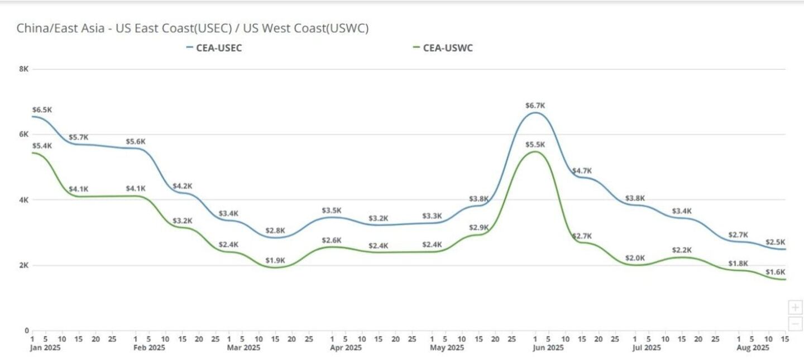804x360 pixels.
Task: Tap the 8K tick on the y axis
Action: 24,69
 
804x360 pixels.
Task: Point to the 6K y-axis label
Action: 24,134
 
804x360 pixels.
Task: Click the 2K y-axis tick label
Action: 24,265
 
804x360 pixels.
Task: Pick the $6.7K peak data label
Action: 535,105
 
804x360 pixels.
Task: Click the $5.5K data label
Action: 535,145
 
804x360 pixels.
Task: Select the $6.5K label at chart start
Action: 42,110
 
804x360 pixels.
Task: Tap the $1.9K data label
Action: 275,260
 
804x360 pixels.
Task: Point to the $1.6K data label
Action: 775,272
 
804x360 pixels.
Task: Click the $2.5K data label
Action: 775,242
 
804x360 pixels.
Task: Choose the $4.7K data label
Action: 582,171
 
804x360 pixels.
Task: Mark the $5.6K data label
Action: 136,142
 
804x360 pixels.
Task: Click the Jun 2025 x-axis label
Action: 547,348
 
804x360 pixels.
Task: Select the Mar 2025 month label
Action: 243,348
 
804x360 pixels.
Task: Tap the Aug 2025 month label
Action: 753,348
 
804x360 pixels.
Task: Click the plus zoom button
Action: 795,307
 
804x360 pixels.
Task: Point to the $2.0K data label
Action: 635,258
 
